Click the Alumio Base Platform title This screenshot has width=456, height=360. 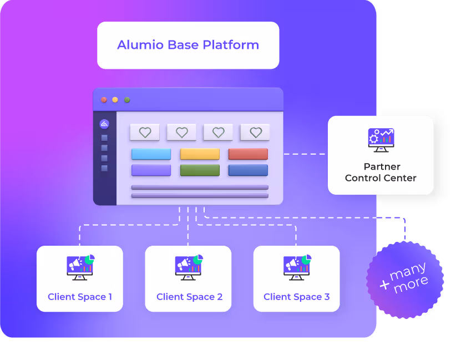click(x=188, y=45)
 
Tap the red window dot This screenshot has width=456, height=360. click(x=103, y=100)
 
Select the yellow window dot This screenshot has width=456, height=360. click(x=115, y=100)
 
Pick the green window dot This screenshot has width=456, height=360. click(x=127, y=100)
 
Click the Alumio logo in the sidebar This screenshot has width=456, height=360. click(x=104, y=124)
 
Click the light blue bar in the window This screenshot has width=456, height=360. click(x=151, y=154)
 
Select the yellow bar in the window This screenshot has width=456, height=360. click(x=200, y=154)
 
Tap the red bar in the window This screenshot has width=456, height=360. click(x=248, y=154)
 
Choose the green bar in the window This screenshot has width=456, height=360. click(x=200, y=170)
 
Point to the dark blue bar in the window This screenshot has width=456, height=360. click(x=248, y=170)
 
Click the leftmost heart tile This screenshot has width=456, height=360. click(x=145, y=133)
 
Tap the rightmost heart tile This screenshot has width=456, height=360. click(x=255, y=133)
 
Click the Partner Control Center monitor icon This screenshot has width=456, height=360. click(x=381, y=140)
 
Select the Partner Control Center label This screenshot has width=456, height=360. click(x=381, y=172)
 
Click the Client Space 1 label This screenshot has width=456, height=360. click(x=80, y=297)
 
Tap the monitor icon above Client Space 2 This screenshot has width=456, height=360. click(x=189, y=267)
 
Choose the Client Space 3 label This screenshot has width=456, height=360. click(x=296, y=297)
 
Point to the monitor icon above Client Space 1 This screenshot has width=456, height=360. click(x=80, y=267)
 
